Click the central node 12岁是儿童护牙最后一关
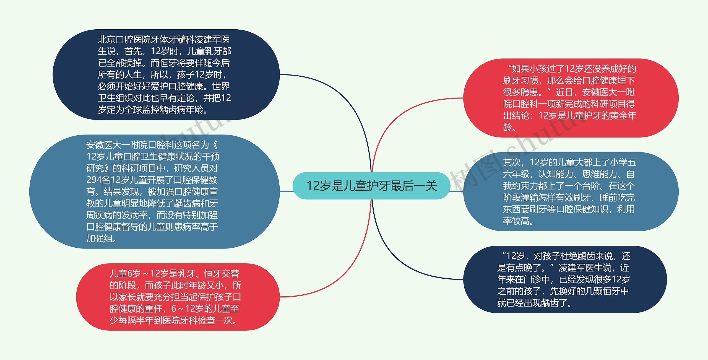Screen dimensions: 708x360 (371, 186)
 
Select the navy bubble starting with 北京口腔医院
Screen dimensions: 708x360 (166, 74)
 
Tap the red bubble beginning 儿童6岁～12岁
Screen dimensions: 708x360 (177, 297)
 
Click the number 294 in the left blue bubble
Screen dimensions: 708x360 (94, 180)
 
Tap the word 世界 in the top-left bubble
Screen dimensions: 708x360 (221, 87)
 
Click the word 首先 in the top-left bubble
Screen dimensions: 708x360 (133, 51)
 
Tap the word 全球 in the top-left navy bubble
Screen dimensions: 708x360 (133, 110)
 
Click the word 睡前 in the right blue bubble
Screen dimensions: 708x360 (608, 198)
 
